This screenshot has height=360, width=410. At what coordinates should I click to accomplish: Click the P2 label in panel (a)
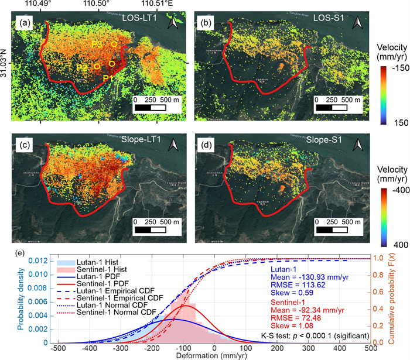pyautogui.click(x=82, y=68)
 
